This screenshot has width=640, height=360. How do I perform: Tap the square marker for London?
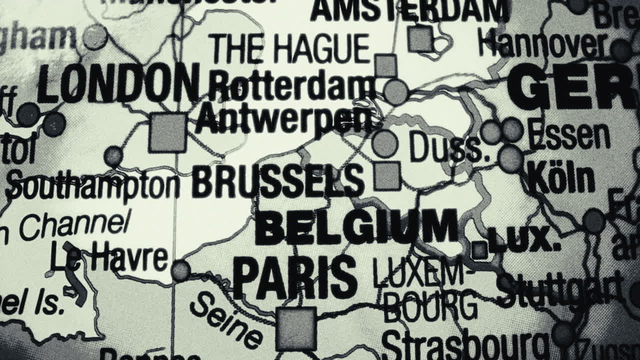point(167,132)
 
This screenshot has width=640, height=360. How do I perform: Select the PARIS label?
point(295,276)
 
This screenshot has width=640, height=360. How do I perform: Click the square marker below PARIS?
point(296,328)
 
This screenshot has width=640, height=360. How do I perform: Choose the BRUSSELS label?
point(278,180)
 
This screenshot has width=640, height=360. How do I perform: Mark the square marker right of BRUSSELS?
point(387,176)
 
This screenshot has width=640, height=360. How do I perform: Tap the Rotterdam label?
point(292,86)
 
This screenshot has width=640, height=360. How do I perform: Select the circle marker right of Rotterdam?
point(396,91)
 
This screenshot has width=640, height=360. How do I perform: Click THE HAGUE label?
point(290,49)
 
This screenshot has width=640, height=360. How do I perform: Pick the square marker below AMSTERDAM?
point(420,38)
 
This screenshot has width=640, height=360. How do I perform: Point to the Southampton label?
point(93,186)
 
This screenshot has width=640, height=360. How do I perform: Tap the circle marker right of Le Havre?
point(180,270)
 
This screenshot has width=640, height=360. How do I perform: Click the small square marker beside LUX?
point(479,250)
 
